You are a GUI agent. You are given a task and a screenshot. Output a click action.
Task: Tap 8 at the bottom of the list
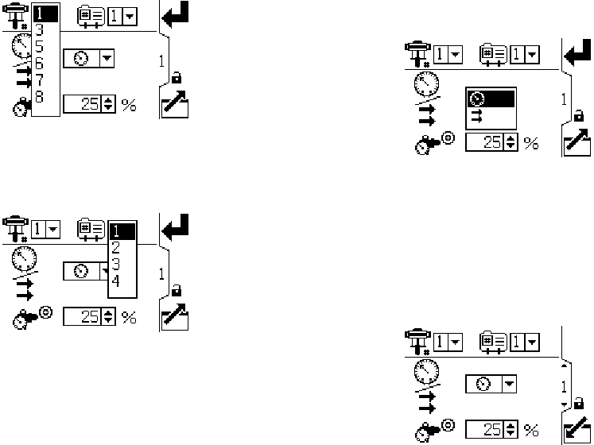point(40,97)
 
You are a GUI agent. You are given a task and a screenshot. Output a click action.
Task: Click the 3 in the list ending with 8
point(40,29)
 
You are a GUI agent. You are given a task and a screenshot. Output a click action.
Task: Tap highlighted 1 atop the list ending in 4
point(121,231)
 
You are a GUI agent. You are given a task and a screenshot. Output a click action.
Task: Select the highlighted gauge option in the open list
point(490,98)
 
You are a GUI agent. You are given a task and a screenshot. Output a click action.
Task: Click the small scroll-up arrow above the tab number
point(565,366)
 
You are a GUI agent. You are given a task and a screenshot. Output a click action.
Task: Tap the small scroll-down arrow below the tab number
point(565,405)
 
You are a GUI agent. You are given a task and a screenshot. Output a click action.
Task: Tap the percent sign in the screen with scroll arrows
point(530,430)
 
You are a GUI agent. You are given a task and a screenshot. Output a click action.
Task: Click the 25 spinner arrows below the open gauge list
point(511,143)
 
